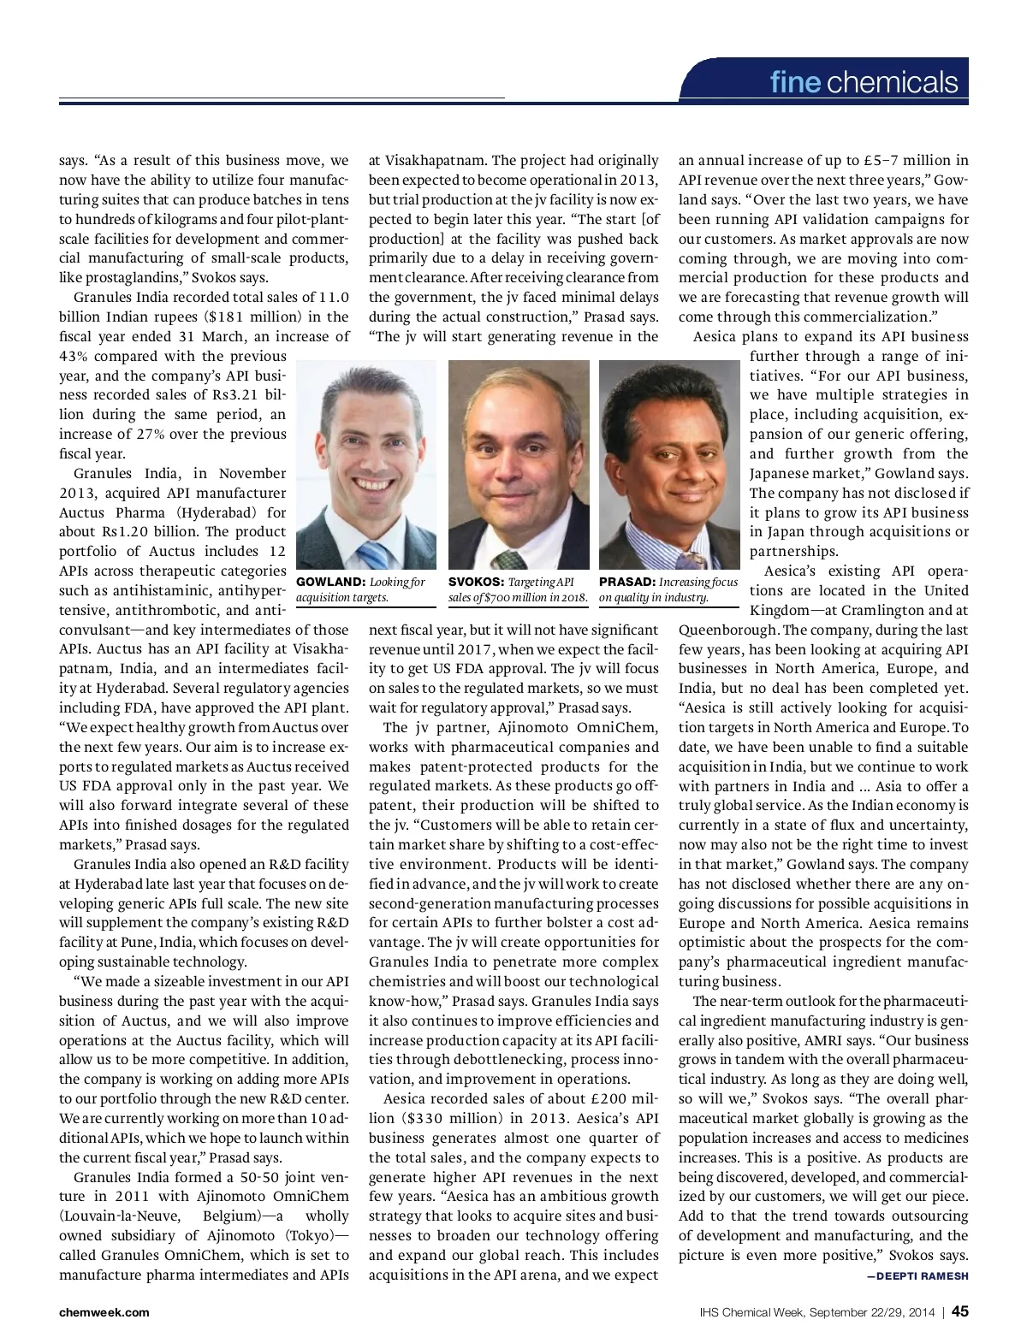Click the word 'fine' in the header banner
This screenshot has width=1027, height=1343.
[x=794, y=82]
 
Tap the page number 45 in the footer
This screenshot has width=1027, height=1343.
[x=959, y=1311]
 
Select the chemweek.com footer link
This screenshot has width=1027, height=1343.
[x=104, y=1312]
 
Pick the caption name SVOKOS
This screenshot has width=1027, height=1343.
[x=476, y=583]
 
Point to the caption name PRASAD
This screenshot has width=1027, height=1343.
[x=626, y=583]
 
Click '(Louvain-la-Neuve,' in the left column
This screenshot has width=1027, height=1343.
[x=119, y=1216]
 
